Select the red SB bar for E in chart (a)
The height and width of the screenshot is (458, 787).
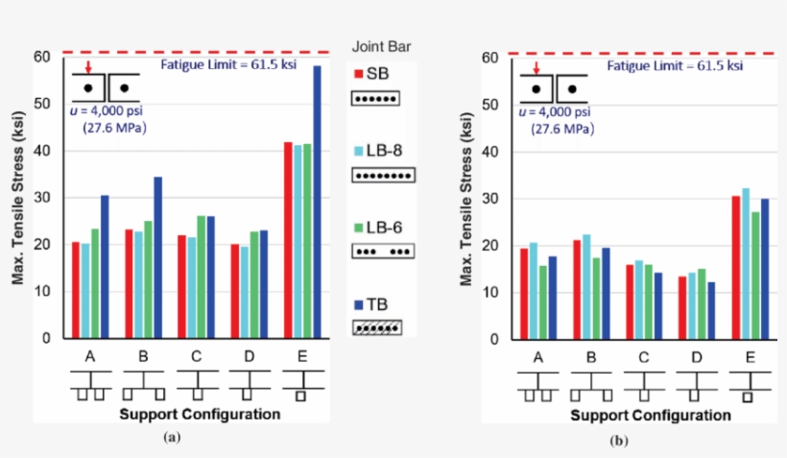288,240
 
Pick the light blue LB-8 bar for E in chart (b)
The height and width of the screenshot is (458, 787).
746,263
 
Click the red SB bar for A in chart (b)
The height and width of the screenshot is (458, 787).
523,293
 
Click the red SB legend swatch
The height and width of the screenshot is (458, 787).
356,74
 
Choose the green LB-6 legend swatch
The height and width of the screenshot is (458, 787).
356,226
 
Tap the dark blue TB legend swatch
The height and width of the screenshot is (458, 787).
356,302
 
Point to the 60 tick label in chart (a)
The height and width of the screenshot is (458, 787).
41,57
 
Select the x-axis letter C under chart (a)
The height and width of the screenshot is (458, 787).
196,357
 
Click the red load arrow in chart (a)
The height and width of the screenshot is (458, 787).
88,67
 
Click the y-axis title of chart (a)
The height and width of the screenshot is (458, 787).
17,197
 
